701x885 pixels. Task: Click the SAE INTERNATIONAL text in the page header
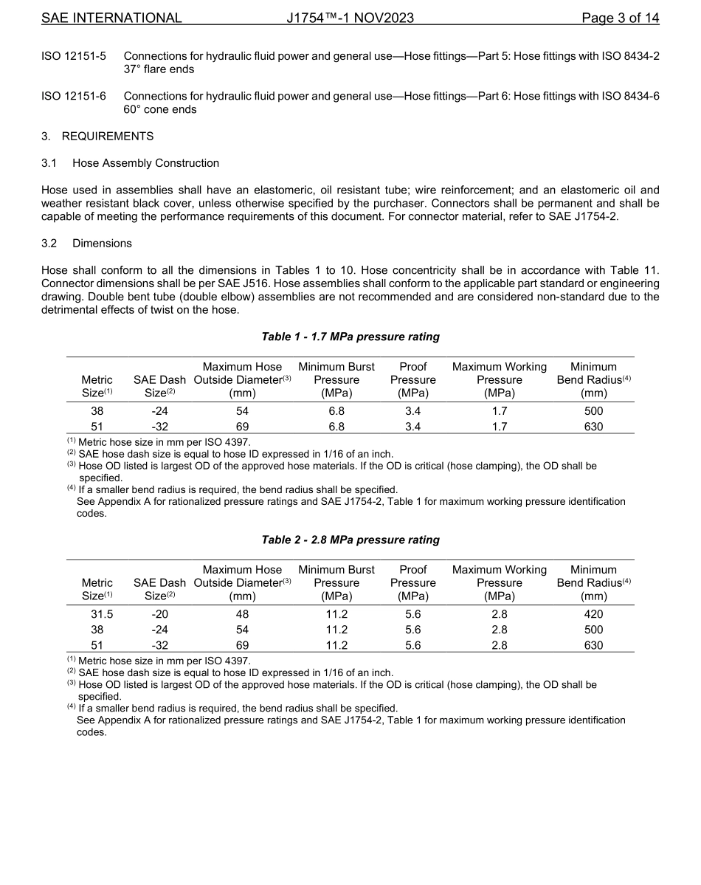pyautogui.click(x=111, y=18)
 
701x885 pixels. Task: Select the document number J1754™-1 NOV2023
pyautogui.click(x=350, y=18)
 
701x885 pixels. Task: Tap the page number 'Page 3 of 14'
pyautogui.click(x=620, y=18)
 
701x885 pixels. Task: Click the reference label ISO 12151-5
pyautogui.click(x=74, y=56)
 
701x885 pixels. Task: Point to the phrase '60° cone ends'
pyautogui.click(x=160, y=109)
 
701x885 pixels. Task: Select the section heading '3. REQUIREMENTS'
pyautogui.click(x=97, y=137)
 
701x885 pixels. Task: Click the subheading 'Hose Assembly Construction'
pyautogui.click(x=145, y=163)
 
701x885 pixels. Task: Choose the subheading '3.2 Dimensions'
pyautogui.click(x=86, y=244)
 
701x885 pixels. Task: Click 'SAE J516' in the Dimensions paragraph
pyautogui.click(x=218, y=283)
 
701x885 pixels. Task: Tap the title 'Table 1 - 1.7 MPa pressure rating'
pyautogui.click(x=350, y=337)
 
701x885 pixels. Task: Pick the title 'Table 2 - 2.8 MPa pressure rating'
pyautogui.click(x=350, y=540)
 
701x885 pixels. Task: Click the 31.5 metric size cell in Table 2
pyautogui.click(x=97, y=614)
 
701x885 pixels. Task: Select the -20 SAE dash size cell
pyautogui.click(x=160, y=614)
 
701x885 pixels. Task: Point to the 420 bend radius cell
pyautogui.click(x=593, y=614)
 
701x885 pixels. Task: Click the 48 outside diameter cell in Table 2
pyautogui.click(x=242, y=614)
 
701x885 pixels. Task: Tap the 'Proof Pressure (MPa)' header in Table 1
pyautogui.click(x=412, y=379)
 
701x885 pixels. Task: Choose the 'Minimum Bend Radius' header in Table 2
pyautogui.click(x=593, y=582)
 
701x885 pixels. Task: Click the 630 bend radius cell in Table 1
pyautogui.click(x=593, y=427)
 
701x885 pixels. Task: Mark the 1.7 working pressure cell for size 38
pyautogui.click(x=500, y=411)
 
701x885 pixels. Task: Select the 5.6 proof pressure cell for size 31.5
pyautogui.click(x=412, y=614)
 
